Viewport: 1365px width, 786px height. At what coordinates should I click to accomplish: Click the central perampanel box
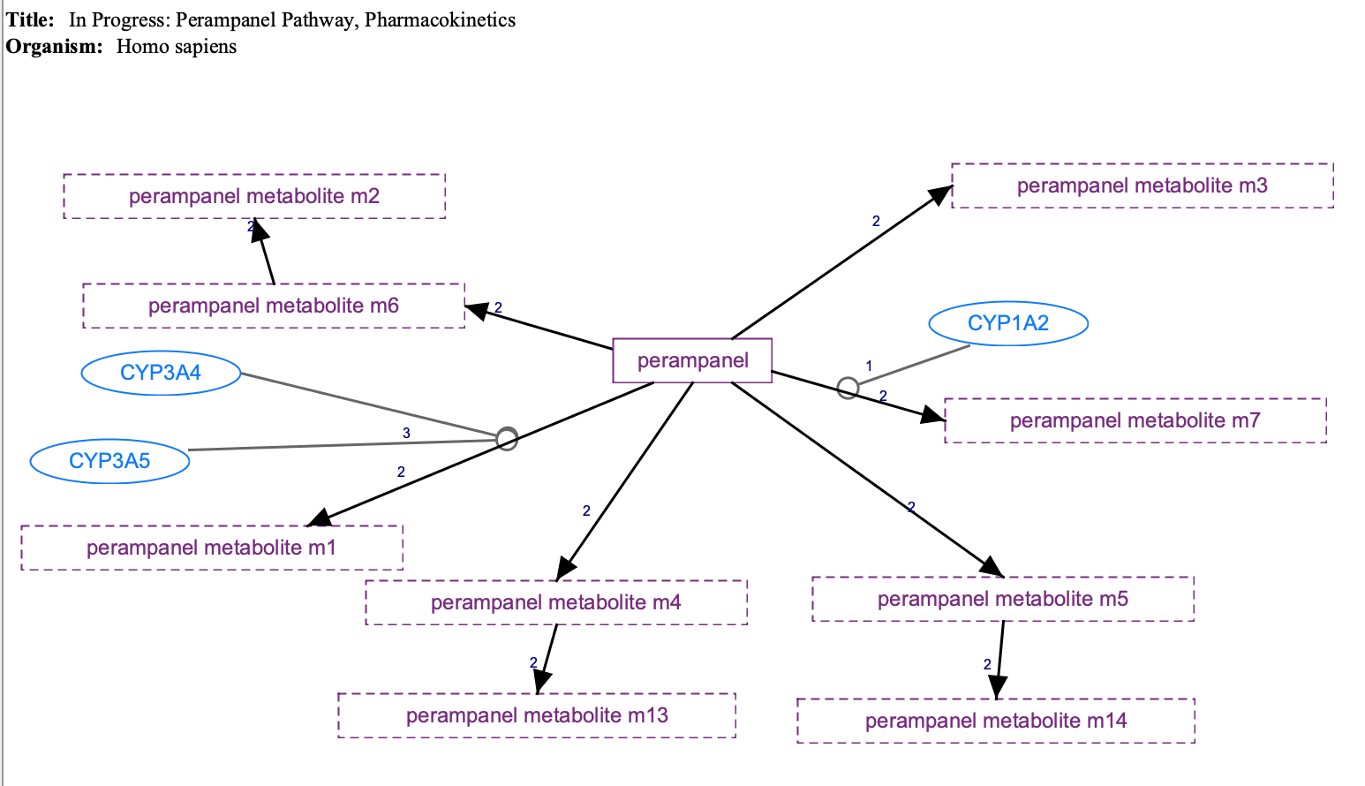(x=692, y=360)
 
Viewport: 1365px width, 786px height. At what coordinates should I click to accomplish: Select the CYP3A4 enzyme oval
(x=161, y=373)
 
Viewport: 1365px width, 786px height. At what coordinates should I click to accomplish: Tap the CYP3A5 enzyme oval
(x=109, y=461)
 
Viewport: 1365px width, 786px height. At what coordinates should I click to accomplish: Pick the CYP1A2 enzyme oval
(x=1008, y=323)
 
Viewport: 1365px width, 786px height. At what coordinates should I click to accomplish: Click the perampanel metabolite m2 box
(x=254, y=196)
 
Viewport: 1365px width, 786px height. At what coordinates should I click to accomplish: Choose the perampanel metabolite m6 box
(x=274, y=306)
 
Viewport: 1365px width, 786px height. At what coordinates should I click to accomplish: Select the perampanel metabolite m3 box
(x=1142, y=185)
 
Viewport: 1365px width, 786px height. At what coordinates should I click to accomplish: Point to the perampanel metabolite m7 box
(x=1135, y=420)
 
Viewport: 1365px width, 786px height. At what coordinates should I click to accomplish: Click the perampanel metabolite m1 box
(x=212, y=548)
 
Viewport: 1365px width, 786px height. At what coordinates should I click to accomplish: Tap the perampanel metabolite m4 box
(x=556, y=602)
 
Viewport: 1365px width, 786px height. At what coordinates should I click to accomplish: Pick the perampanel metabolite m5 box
(x=1003, y=599)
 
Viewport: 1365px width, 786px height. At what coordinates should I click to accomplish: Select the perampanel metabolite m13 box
(x=537, y=715)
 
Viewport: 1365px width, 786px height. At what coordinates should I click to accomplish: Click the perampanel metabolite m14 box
(x=996, y=721)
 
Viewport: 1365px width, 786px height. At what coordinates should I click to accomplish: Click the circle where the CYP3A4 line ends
(x=506, y=438)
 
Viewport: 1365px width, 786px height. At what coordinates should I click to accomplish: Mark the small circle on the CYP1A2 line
(x=848, y=388)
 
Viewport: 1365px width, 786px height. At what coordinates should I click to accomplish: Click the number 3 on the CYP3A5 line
(x=406, y=433)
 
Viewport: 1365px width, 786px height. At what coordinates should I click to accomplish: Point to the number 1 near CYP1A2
(x=869, y=366)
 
